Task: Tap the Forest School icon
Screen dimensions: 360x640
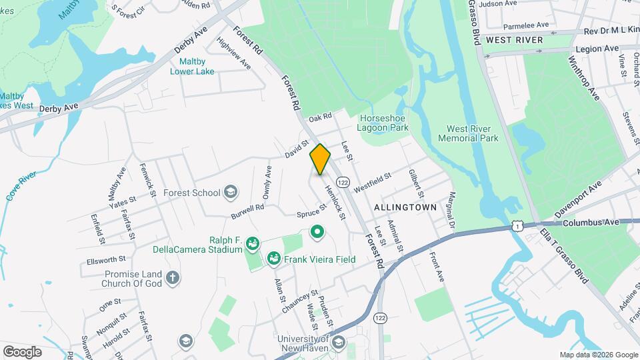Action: click(x=231, y=193)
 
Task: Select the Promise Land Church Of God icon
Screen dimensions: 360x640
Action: click(x=173, y=277)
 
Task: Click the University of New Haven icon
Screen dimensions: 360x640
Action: click(x=338, y=343)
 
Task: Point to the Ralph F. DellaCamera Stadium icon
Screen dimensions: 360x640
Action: click(x=252, y=243)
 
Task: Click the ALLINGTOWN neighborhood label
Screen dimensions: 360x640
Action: click(x=405, y=207)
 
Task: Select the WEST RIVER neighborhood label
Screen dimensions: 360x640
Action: click(x=514, y=40)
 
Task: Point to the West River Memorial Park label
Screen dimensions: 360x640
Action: click(x=468, y=133)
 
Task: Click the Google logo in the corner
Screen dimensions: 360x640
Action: click(x=22, y=351)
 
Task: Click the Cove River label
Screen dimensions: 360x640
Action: click(x=20, y=187)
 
